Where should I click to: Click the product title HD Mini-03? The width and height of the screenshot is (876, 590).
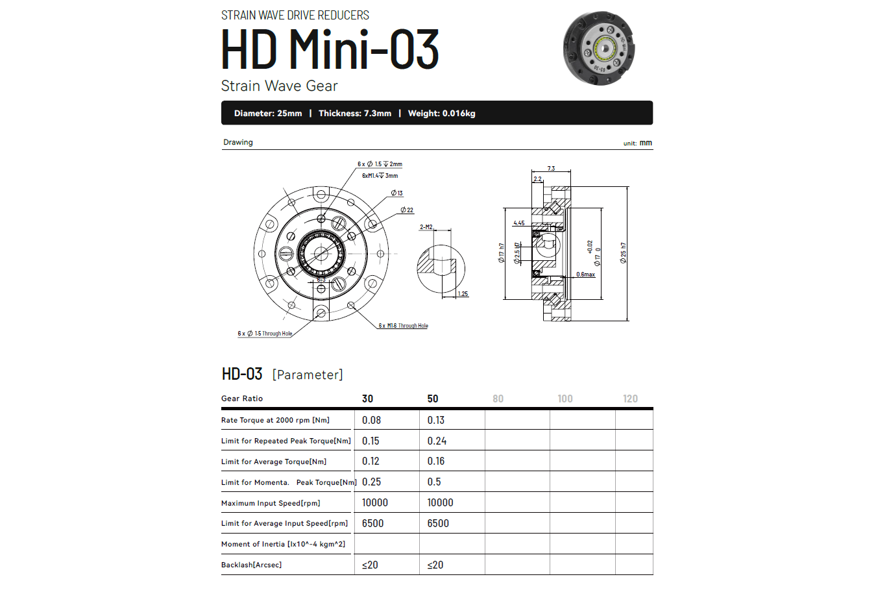click(330, 49)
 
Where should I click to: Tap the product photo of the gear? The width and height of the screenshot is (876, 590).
click(599, 48)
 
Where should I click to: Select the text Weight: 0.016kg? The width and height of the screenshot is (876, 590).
click(441, 114)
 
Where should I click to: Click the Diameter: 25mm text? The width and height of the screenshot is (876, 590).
click(268, 114)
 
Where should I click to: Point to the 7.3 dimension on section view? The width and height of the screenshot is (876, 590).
click(551, 168)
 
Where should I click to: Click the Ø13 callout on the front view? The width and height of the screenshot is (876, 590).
click(396, 193)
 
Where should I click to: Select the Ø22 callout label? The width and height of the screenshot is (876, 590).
click(407, 210)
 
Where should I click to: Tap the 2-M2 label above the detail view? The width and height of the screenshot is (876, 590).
click(426, 227)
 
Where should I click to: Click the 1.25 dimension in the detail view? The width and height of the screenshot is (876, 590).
click(463, 294)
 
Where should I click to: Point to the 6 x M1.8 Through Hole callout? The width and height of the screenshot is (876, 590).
click(403, 326)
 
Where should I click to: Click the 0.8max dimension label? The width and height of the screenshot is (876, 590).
click(585, 275)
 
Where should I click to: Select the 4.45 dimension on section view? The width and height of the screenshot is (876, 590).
click(519, 223)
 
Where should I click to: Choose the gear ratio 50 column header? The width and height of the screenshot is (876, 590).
click(433, 399)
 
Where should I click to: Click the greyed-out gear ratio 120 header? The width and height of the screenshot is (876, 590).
click(630, 399)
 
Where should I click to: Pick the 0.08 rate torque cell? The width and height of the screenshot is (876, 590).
click(371, 420)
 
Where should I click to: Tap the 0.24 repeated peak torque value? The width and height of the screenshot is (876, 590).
click(437, 441)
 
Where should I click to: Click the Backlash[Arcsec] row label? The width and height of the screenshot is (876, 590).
click(251, 565)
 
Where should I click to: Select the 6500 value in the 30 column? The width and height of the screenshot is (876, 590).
click(372, 523)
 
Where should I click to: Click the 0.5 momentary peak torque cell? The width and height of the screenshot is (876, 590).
click(434, 482)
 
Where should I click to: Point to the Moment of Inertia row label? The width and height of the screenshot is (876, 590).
click(283, 544)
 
